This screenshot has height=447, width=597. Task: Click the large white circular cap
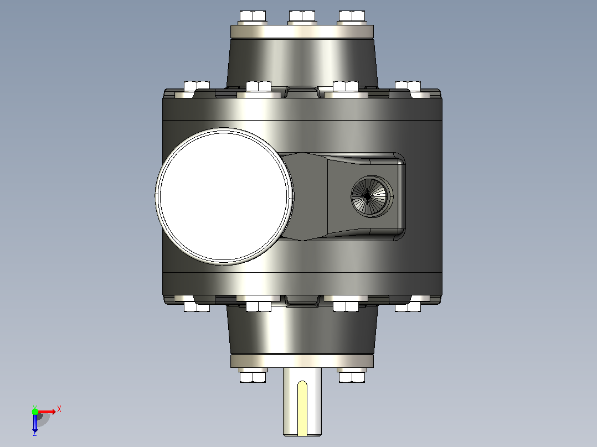coord(224,196)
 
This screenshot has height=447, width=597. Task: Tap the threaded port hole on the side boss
coord(372,196)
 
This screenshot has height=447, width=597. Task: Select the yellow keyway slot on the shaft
coord(302,408)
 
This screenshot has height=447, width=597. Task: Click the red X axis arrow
coord(47,412)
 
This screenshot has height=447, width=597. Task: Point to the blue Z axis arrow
coord(35,423)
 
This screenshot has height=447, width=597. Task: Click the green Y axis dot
coord(35,412)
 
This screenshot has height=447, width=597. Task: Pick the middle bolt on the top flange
coord(302,17)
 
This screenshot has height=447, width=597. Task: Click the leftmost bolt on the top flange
coord(253,17)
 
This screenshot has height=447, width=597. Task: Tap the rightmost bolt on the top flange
coord(352,17)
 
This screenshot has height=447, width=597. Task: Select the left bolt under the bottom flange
coord(253,376)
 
